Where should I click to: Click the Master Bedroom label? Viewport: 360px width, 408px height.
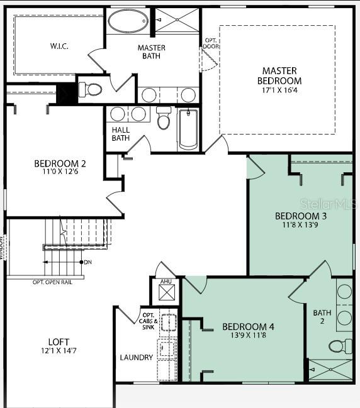pos(279,75)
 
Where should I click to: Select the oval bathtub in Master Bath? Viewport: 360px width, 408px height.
pos(128,21)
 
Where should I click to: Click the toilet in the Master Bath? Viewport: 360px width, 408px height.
pos(92,89)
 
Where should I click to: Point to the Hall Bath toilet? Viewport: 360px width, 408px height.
pos(164,119)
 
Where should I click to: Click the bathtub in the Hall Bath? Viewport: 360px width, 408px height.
pos(188,129)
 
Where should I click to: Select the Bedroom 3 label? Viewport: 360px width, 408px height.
pos(301,216)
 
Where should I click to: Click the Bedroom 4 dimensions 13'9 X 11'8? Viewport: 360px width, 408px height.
pos(248,336)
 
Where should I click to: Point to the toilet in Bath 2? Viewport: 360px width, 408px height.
pos(340,345)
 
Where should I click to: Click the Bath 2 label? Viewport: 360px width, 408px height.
pos(322,317)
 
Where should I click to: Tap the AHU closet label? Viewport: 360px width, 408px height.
pos(166,282)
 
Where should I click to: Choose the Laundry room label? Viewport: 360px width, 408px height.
pos(137,358)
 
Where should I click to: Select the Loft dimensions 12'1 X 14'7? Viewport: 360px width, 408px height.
pos(59,350)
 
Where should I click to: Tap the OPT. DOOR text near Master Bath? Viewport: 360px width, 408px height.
pos(210,44)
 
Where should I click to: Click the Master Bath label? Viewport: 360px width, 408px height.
pos(151,52)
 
